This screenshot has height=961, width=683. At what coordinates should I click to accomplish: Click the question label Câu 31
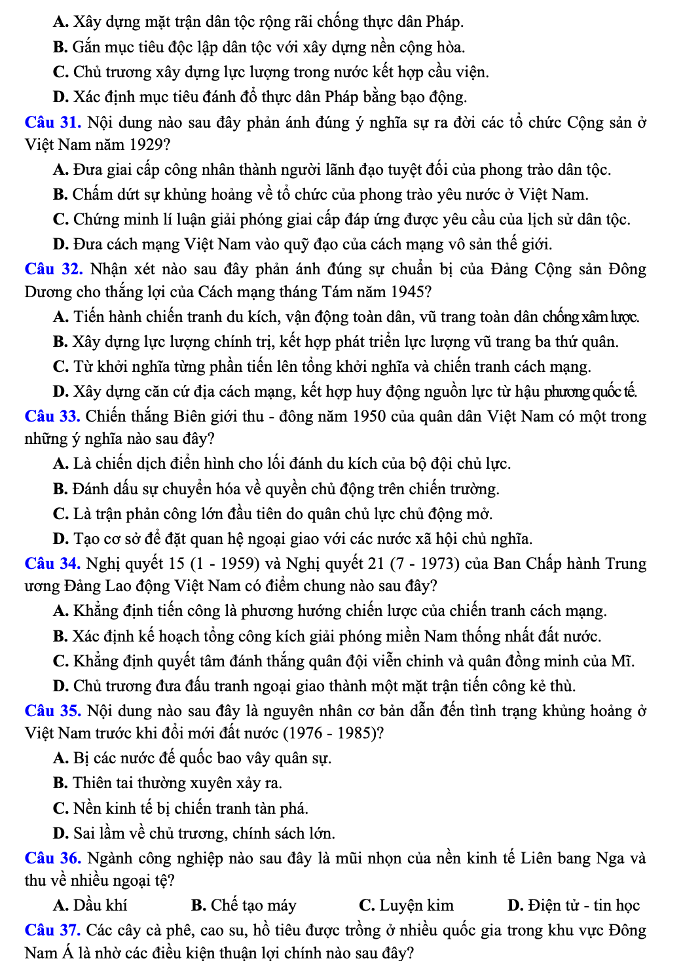coord(52,122)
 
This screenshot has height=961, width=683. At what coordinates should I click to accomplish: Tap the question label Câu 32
coord(53,269)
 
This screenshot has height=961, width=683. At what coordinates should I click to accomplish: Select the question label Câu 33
coord(52,416)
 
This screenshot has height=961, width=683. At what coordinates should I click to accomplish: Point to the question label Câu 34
coord(52,564)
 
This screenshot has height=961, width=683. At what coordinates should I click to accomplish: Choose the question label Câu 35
coord(52,711)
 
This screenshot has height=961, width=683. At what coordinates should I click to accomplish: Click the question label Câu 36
coord(52,858)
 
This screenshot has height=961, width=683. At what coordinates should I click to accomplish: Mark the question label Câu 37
coord(52,930)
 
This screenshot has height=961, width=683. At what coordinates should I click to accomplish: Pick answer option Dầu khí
coord(90,905)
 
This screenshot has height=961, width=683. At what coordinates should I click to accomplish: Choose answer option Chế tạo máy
coord(244,905)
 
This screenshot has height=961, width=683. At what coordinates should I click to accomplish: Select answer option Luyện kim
coord(406,905)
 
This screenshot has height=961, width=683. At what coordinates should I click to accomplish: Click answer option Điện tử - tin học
coord(574,905)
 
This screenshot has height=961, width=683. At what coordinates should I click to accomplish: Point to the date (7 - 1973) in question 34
coord(425,564)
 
